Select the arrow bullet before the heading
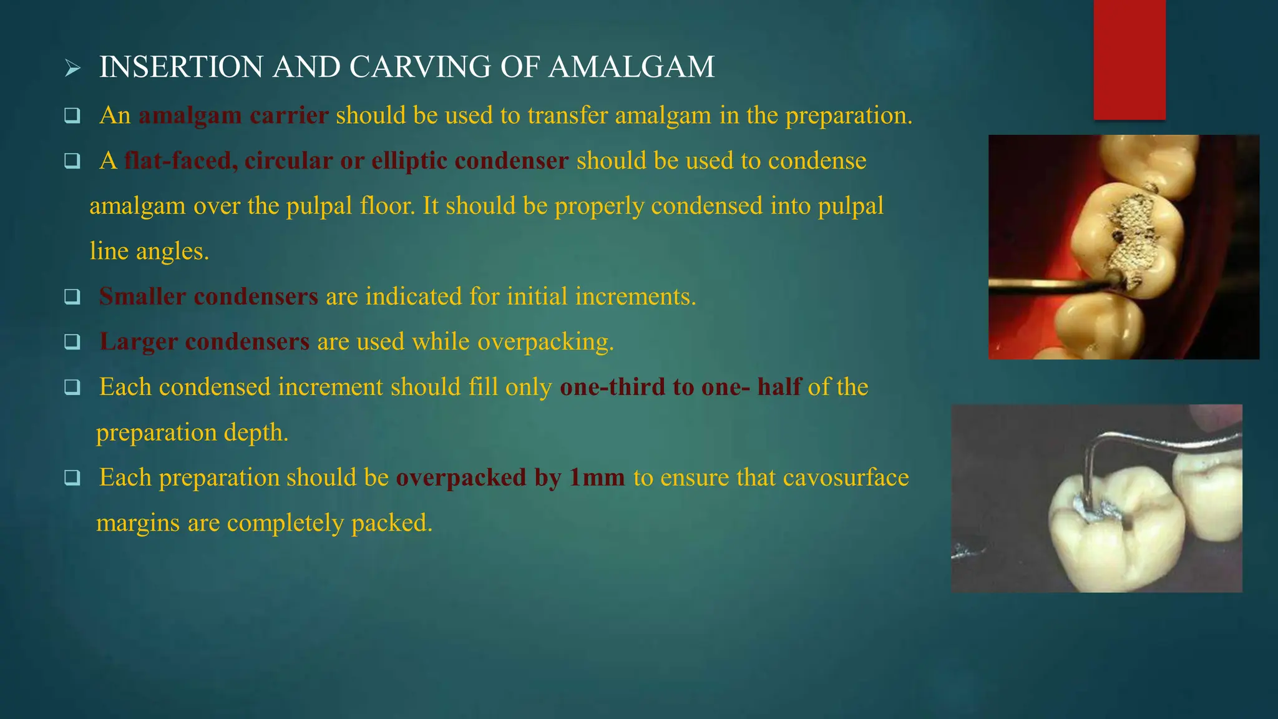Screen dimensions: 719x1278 pos(73,68)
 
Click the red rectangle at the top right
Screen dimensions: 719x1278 pos(1129,59)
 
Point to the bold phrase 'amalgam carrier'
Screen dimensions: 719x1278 pos(233,115)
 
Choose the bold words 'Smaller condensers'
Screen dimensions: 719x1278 pos(208,296)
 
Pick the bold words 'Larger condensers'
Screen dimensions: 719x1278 pos(205,342)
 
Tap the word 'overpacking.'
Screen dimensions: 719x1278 pos(545,342)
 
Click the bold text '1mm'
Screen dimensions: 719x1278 pos(597,477)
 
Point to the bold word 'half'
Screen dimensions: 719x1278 pos(779,387)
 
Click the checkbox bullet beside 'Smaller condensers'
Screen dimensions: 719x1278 pos(72,296)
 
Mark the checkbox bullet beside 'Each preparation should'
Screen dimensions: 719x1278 pos(72,478)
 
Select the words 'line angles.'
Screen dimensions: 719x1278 pos(149,252)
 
